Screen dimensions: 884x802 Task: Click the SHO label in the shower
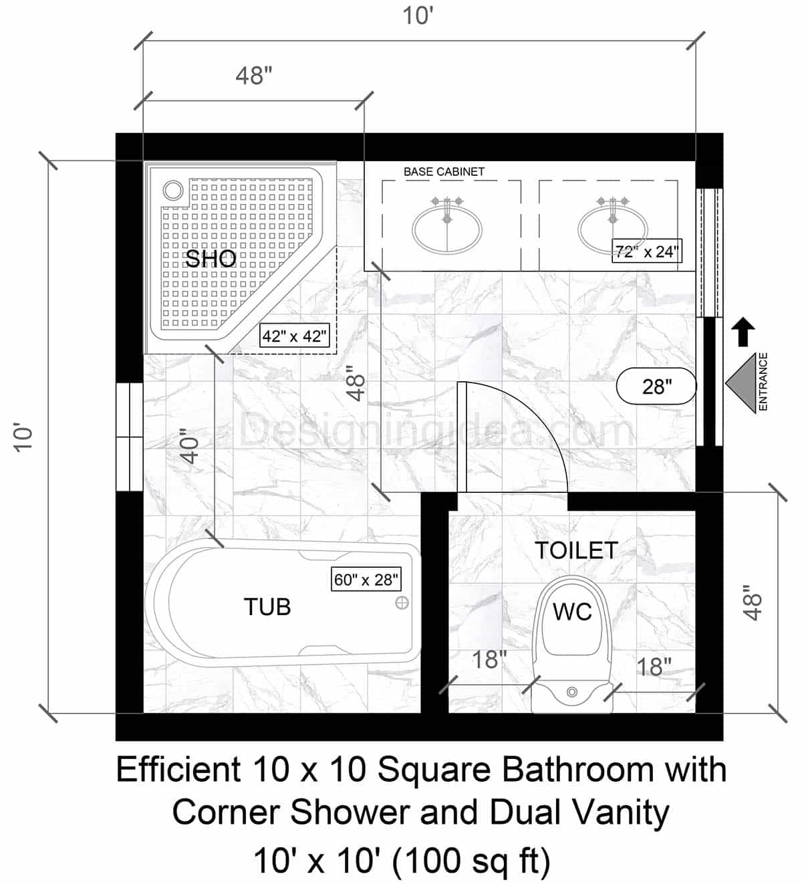(x=211, y=259)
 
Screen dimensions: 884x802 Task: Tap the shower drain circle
(x=174, y=191)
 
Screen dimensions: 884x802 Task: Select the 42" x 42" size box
(x=295, y=336)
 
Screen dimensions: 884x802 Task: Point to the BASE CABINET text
(x=444, y=172)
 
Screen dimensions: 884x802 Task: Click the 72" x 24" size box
(x=646, y=252)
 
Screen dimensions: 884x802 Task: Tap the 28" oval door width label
(x=656, y=386)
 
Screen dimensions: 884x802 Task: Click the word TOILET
(x=576, y=550)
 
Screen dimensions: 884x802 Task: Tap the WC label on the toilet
(x=573, y=611)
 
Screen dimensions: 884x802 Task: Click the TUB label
(x=267, y=607)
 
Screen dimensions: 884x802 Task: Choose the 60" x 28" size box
(x=366, y=579)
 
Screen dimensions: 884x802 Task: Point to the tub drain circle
(x=402, y=603)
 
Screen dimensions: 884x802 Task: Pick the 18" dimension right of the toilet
(x=654, y=667)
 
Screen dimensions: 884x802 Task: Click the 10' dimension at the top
(x=418, y=15)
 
